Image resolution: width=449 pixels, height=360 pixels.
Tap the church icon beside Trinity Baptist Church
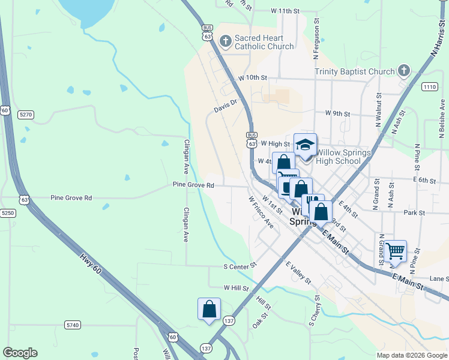[403, 71]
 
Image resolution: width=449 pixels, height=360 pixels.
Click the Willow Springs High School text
[343, 157]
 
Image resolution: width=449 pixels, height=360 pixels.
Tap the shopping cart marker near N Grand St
[395, 251]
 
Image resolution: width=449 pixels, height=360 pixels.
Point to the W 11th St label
[285, 11]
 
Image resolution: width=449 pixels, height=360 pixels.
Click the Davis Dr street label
[226, 106]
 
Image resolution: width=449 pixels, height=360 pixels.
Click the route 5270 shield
[25, 113]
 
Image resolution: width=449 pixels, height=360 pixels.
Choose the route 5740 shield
[72, 325]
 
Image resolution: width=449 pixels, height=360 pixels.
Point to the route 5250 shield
[7, 213]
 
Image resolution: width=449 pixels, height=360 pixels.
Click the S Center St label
[240, 265]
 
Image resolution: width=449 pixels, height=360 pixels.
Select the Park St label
[414, 212]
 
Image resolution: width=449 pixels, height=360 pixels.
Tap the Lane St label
[439, 279]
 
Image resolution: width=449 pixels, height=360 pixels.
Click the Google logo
[20, 353]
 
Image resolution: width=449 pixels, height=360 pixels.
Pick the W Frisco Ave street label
[261, 212]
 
